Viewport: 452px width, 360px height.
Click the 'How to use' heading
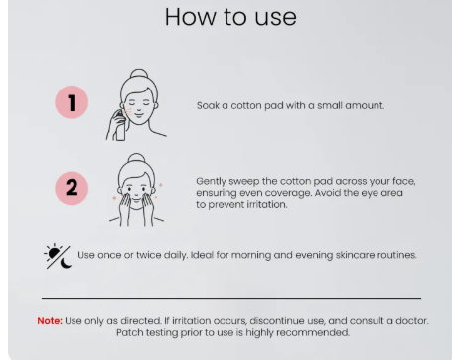[230, 17]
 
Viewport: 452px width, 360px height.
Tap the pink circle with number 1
[72, 102]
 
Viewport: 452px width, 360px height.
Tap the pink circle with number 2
[72, 188]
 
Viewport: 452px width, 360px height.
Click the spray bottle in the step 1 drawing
[119, 126]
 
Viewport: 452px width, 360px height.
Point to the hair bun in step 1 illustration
[139, 74]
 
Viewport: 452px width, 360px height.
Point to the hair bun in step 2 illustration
[136, 158]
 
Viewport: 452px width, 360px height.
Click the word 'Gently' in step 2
[211, 182]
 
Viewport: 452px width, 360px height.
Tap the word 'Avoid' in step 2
[326, 193]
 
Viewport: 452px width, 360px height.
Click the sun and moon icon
[58, 256]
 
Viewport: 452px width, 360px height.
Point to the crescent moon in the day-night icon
[66, 263]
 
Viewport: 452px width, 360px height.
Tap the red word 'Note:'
[50, 321]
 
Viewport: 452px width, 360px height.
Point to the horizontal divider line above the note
[231, 298]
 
